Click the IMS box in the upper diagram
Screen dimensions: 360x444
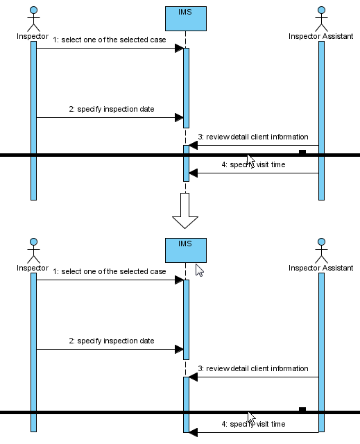click(x=186, y=19)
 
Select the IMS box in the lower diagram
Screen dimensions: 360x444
click(x=186, y=250)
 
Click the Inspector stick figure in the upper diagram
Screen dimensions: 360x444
click(x=34, y=19)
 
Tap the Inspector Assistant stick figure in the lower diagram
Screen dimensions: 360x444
click(x=322, y=250)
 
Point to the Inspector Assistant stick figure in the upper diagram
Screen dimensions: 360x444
click(x=322, y=19)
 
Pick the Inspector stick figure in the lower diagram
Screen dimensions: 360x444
click(x=34, y=250)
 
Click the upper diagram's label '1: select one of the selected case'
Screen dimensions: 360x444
click(x=109, y=40)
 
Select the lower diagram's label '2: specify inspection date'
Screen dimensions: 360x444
click(x=112, y=341)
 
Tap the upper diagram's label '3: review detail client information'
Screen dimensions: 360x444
click(x=253, y=137)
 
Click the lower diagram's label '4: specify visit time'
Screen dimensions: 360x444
click(x=253, y=424)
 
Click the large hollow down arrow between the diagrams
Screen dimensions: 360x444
click(x=185, y=211)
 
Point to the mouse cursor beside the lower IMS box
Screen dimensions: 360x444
click(x=200, y=271)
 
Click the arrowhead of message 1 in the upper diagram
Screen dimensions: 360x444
click(x=179, y=48)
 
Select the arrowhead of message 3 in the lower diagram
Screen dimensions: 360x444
click(x=193, y=377)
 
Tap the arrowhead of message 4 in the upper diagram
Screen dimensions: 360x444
click(x=193, y=173)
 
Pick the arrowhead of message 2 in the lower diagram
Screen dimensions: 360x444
click(x=179, y=350)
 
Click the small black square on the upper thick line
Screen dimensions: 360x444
click(x=302, y=152)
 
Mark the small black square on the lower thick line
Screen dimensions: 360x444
click(x=302, y=409)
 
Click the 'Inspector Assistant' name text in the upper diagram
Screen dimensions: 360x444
click(x=320, y=36)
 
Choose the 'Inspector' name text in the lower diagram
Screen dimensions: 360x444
click(x=33, y=268)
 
